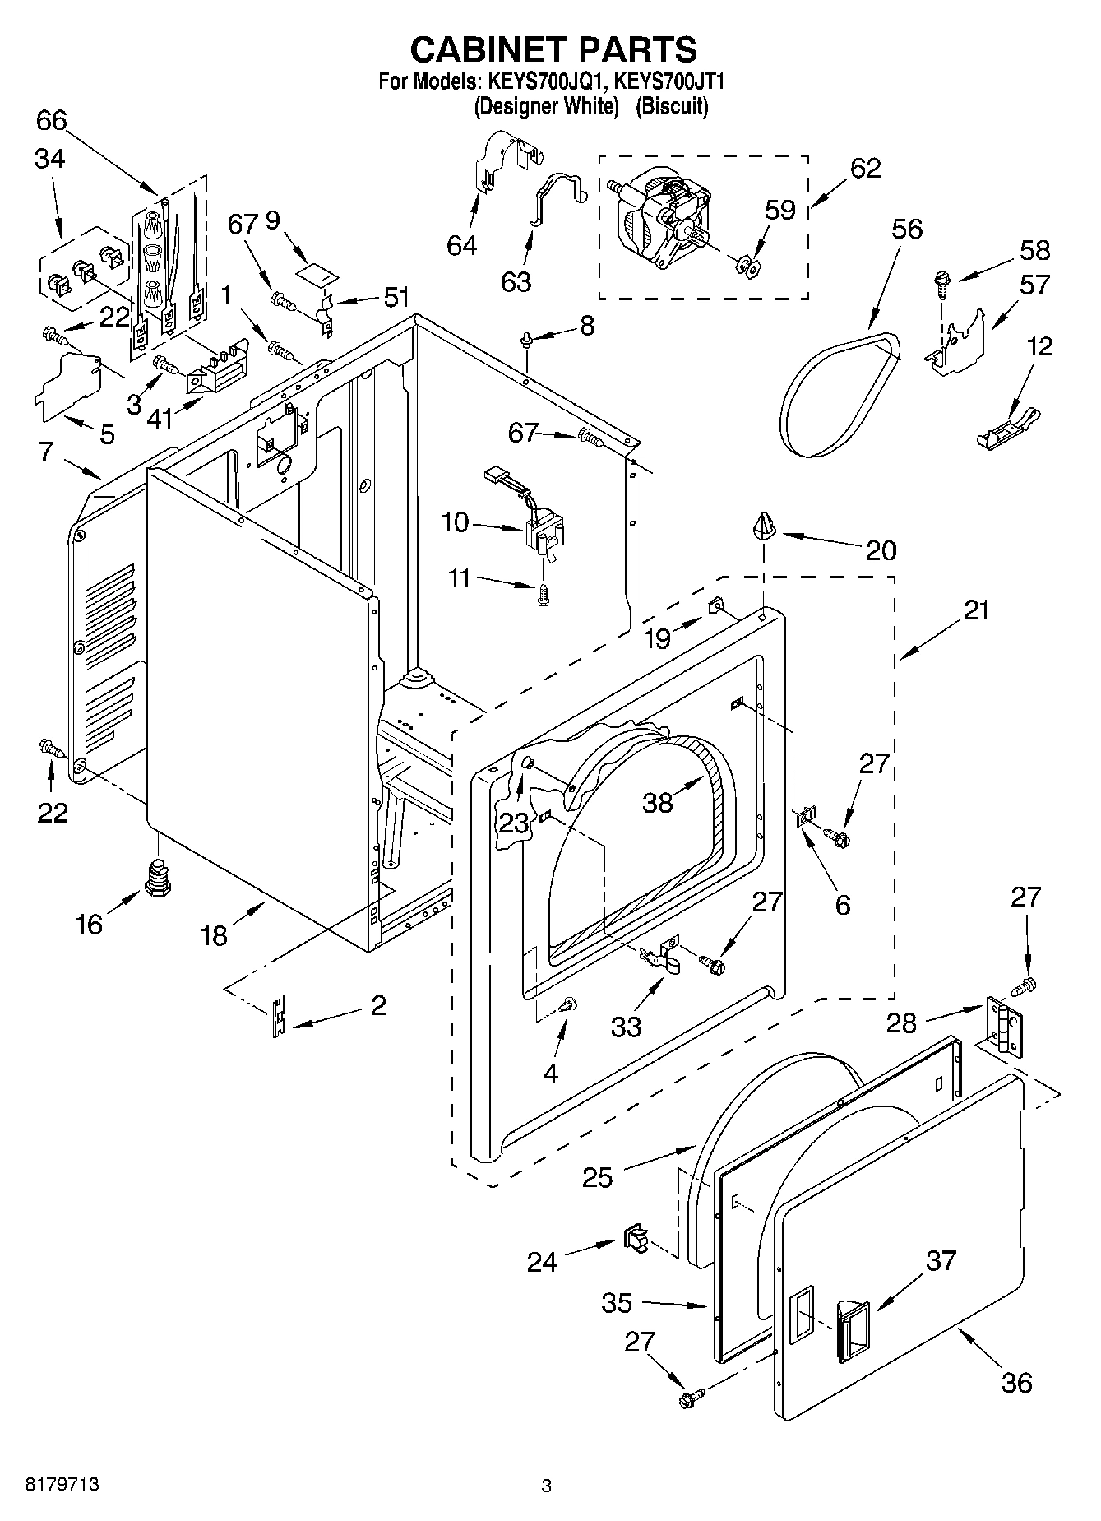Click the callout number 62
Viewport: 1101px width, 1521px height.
pos(865,168)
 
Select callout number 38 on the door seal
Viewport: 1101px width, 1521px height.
pos(657,802)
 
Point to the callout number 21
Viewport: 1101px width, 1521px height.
pos(976,611)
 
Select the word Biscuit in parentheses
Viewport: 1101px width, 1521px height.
pos(673,106)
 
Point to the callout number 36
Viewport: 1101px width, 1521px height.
pos(1016,1382)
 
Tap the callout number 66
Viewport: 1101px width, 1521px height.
pos(51,120)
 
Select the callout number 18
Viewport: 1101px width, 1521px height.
pos(213,935)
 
